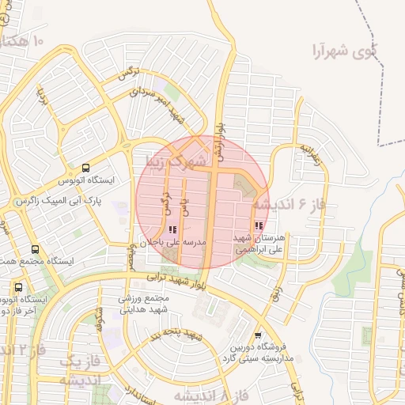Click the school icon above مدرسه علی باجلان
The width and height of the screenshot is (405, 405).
pyautogui.click(x=173, y=229)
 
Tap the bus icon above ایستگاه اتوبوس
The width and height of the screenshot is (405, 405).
pyautogui.click(x=85, y=168)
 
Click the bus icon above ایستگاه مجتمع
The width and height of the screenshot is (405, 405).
pyautogui.click(x=33, y=249)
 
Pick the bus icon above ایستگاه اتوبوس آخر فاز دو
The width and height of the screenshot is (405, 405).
pyautogui.click(x=19, y=287)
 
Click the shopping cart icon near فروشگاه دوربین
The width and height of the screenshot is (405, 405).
pyautogui.click(x=258, y=335)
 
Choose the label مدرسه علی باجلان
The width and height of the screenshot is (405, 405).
pyautogui.click(x=173, y=241)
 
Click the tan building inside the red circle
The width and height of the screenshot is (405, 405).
pyautogui.click(x=243, y=188)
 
